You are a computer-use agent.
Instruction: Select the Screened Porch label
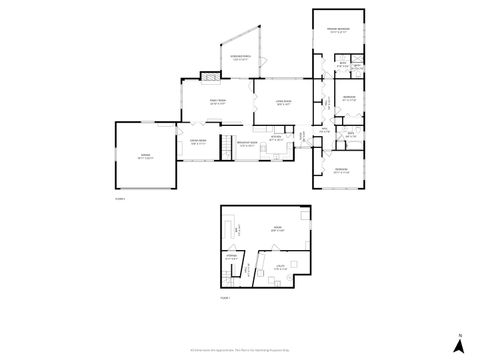click(241, 58)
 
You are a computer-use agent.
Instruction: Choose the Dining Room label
click(197, 142)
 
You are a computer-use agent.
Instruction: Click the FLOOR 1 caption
click(225, 298)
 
